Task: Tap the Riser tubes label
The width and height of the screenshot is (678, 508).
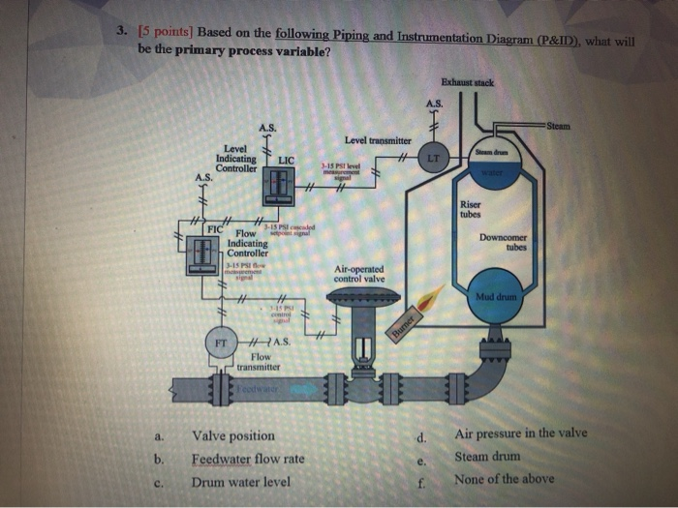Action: click(x=471, y=209)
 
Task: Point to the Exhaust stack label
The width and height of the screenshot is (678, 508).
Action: click(x=467, y=83)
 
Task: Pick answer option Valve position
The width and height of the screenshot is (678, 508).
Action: click(x=233, y=436)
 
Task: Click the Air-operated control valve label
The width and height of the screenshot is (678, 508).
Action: click(x=358, y=274)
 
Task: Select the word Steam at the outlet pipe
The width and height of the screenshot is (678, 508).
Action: click(x=559, y=125)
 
